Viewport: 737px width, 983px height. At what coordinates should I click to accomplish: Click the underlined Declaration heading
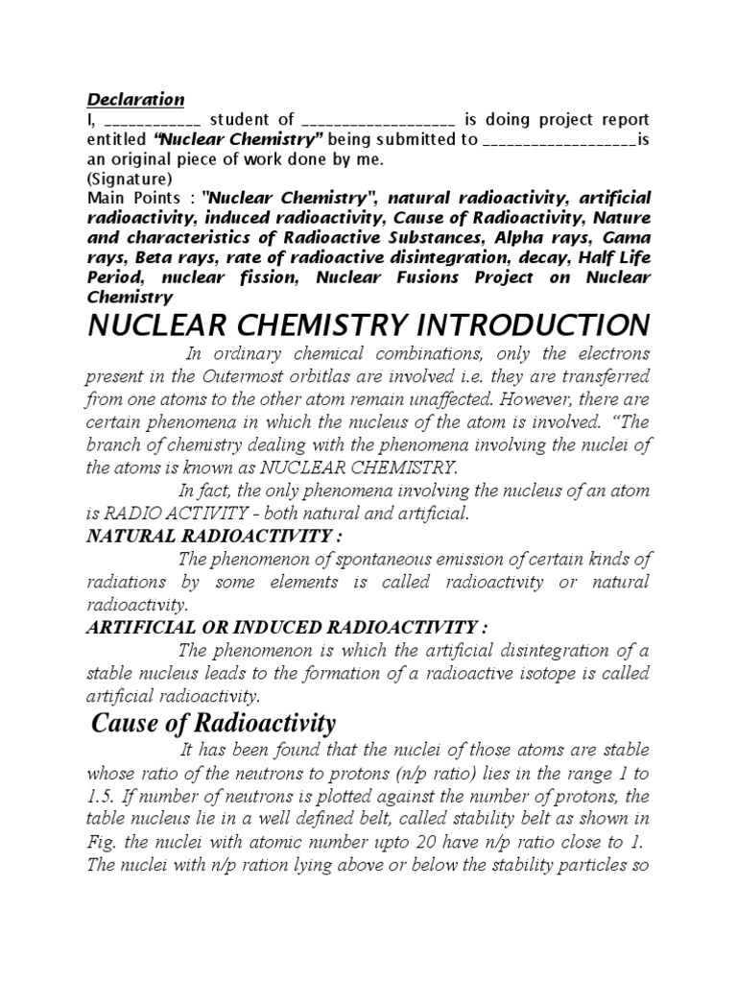click(136, 100)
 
